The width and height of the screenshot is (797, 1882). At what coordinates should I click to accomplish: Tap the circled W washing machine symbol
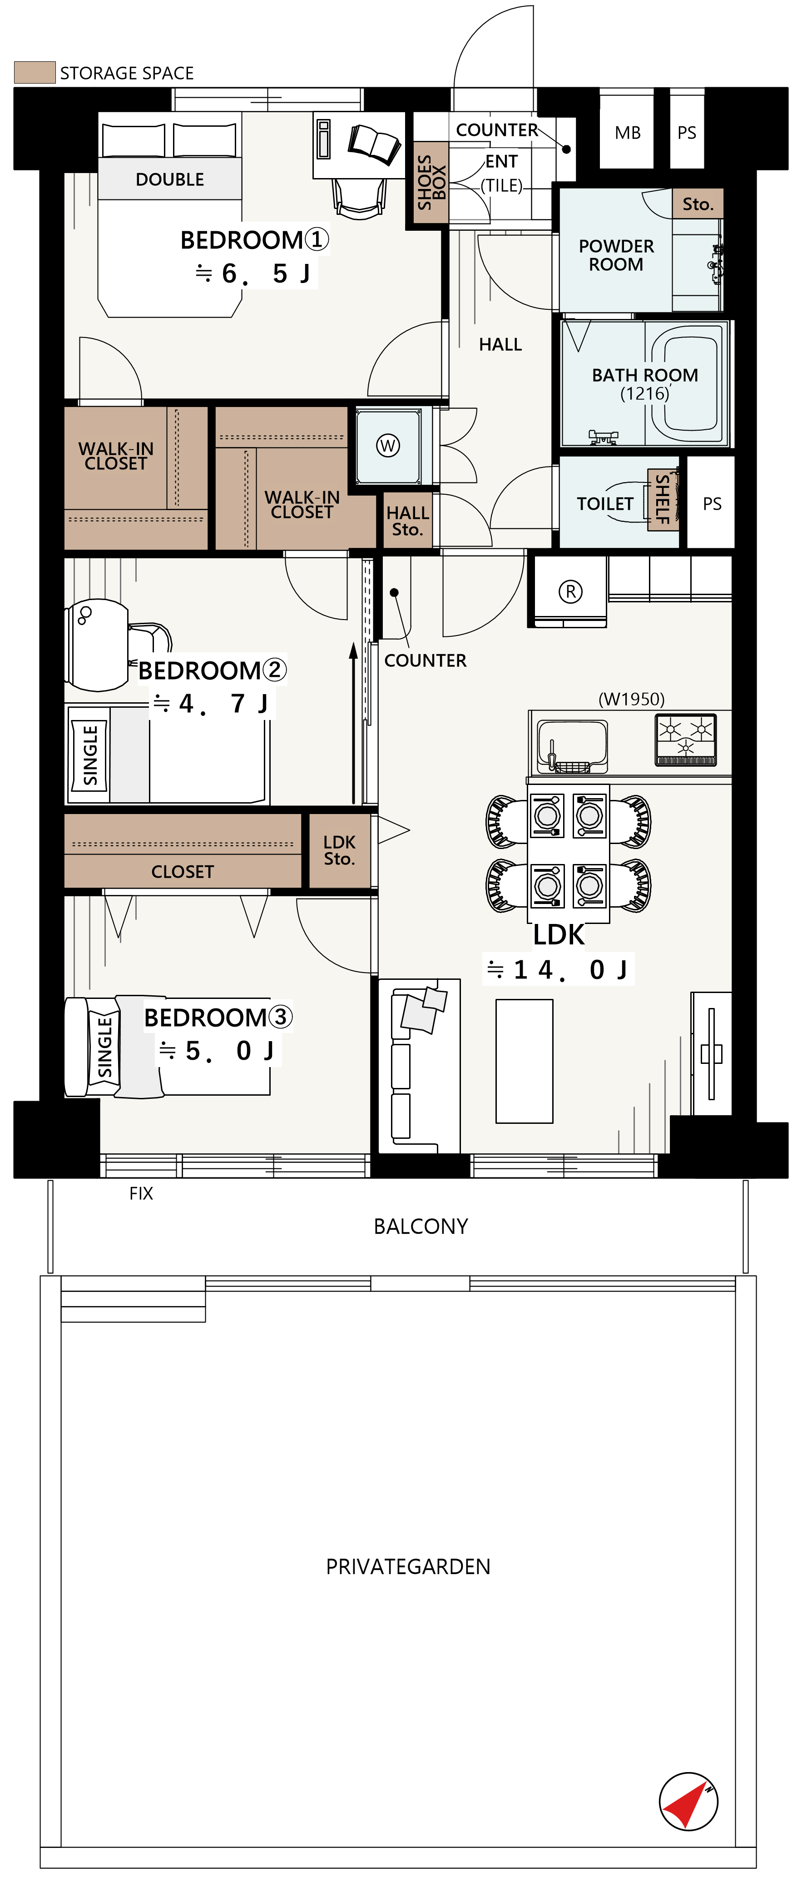coord(388,446)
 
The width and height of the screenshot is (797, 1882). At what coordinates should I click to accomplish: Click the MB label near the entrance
coord(628,133)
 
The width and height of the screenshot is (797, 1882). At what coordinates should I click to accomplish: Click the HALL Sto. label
coord(408,521)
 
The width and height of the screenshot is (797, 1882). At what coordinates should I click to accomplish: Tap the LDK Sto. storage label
coord(339,850)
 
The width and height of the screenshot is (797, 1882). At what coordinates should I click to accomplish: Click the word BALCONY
coord(421,1226)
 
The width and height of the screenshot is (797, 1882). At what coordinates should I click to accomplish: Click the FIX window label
coord(141,1193)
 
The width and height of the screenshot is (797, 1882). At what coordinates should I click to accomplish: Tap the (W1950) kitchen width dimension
coord(631,699)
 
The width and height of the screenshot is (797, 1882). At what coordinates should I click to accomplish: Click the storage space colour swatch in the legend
coord(35,72)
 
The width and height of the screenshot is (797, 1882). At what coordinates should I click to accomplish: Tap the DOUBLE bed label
coord(169,179)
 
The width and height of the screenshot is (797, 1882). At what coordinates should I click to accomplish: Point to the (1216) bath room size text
coord(645,394)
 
